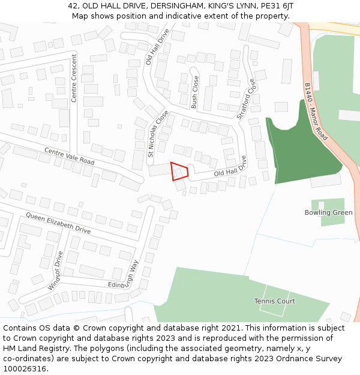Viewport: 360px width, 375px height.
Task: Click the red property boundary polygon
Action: tap(179, 171)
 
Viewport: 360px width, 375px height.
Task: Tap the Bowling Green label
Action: tap(328, 213)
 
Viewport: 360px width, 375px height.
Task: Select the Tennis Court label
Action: tap(274, 301)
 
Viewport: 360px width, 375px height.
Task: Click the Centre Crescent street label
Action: tap(74, 78)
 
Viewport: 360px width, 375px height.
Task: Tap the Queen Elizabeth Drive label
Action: tap(58, 222)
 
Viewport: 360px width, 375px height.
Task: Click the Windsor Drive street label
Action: tap(55, 270)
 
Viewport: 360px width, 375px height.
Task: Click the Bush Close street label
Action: tap(195, 92)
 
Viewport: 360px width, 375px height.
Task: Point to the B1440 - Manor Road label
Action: tap(316, 111)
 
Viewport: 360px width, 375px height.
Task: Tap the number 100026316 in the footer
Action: tap(24, 369)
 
